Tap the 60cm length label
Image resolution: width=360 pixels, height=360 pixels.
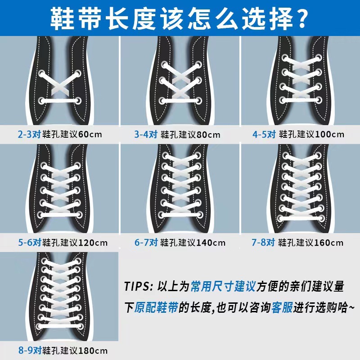[90, 134]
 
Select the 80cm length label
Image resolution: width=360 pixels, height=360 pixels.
[208, 134]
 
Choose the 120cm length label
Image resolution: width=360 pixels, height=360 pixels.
[93, 243]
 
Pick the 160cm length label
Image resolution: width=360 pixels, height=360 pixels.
[328, 243]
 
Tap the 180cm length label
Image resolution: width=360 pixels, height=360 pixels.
[93, 351]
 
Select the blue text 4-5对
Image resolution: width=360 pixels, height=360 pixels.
[263, 134]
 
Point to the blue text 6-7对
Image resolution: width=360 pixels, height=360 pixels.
[146, 243]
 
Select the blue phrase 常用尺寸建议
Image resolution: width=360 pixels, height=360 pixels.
[223, 286]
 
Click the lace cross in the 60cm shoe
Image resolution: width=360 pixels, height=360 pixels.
[59, 85]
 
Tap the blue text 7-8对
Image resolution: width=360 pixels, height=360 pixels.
[263, 243]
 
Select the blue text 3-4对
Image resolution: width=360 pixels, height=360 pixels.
[146, 134]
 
